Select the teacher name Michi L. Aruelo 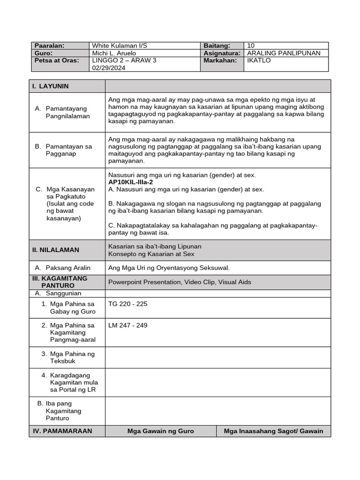pos(114,53)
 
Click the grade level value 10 pos(251,45)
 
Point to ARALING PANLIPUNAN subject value pos(284,53)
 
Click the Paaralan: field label pos(49,45)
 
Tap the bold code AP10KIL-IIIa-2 pos(130,182)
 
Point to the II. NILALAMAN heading pos(56,250)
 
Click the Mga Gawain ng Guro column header pos(161,431)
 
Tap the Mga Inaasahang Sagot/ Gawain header pos(273,431)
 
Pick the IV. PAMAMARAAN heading pos(62,431)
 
